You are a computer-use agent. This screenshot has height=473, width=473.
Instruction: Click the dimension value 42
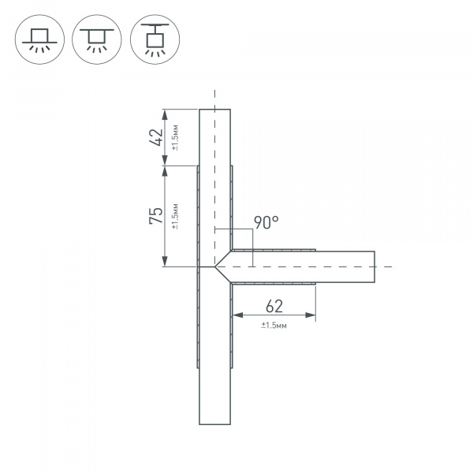157,137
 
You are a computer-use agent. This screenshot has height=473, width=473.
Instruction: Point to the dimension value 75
157,215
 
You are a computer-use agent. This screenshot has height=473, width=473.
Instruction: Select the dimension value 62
274,305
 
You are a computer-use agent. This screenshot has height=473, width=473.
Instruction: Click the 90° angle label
266,223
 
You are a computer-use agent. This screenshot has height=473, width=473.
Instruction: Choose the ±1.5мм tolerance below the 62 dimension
274,325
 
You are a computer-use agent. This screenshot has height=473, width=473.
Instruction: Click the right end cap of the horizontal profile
375,267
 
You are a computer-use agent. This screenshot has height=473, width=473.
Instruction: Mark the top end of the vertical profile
214,110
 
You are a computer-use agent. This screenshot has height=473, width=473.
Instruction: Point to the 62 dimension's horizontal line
274,316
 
